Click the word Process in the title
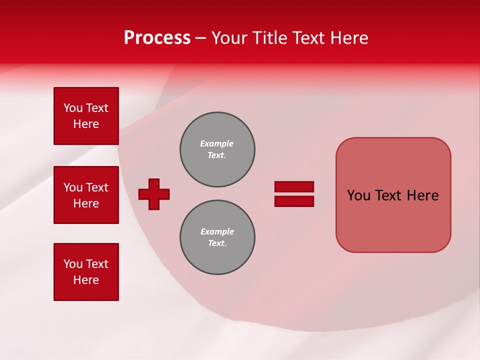[x=157, y=38]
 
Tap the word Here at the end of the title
[x=348, y=38]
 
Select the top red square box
[x=86, y=116]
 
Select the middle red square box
[x=86, y=195]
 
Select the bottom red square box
[x=86, y=272]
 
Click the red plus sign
[x=154, y=194]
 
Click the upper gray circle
[x=217, y=149]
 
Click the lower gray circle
[x=217, y=237]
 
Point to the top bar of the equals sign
[x=294, y=186]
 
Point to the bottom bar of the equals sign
[x=294, y=201]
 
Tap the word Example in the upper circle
[x=216, y=143]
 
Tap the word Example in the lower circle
[x=217, y=231]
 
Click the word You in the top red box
[x=72, y=108]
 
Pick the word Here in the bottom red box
[x=86, y=280]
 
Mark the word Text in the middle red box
[x=97, y=187]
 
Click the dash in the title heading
[x=201, y=38]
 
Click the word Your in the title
[x=228, y=38]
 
